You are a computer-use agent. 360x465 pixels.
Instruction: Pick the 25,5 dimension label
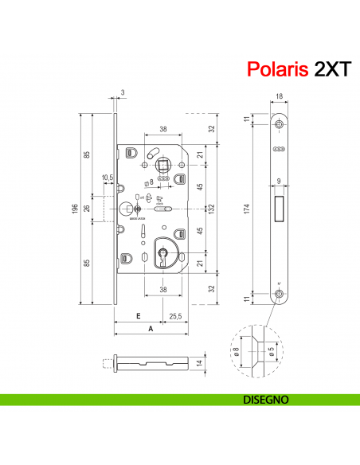(175, 316)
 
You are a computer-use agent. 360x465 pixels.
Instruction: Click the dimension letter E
(138, 316)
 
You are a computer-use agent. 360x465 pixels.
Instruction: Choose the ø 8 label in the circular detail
(237, 350)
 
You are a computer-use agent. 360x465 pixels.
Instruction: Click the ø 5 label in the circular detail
(272, 350)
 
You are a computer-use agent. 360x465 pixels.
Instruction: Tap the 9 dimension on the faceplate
(279, 181)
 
